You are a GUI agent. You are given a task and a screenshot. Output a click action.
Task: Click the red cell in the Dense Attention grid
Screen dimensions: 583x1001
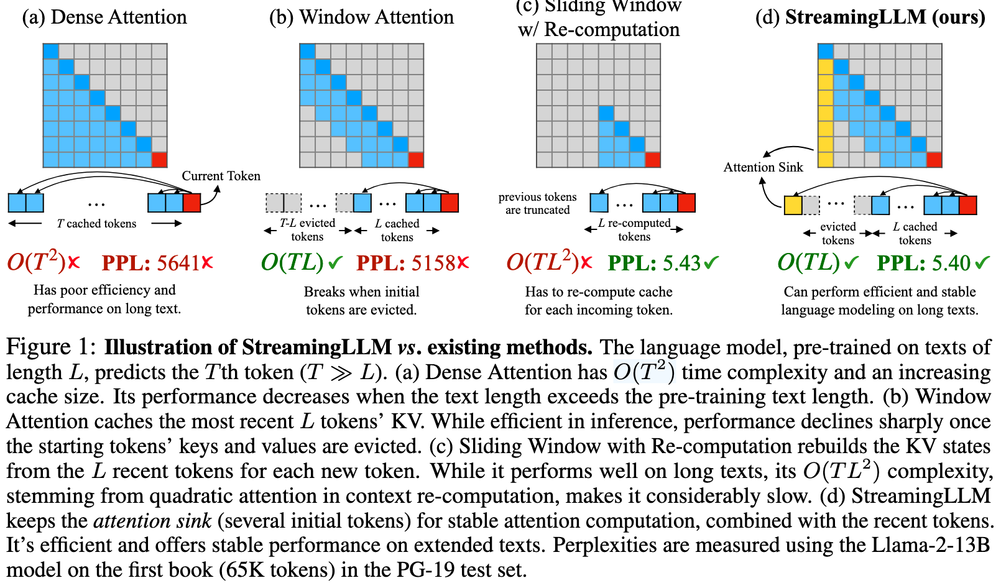[x=159, y=160]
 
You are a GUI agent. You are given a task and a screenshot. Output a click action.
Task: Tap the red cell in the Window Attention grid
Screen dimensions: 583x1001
[x=416, y=160]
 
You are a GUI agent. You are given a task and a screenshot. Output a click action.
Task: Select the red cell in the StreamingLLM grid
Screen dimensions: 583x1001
[x=934, y=160]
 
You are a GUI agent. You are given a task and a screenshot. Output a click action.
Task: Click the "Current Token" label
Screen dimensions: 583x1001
[x=221, y=176]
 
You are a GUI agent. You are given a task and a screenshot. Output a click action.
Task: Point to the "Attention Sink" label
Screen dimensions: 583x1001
[x=763, y=167]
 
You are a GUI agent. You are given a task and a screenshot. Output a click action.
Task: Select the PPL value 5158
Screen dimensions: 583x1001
[x=433, y=263]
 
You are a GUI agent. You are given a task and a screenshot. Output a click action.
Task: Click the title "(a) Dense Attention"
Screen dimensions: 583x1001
[x=104, y=17]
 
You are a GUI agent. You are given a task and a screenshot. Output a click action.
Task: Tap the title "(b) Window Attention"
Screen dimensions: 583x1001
[x=361, y=17]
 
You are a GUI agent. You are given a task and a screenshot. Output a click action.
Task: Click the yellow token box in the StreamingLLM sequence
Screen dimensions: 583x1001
[x=793, y=205]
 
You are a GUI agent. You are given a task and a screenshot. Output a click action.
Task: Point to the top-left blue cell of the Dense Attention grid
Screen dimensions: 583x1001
[x=50, y=51]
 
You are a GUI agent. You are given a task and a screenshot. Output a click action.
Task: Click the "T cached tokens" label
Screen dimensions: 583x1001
[x=96, y=223]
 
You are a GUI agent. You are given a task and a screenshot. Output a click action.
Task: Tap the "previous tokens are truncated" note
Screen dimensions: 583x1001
[x=537, y=203]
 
